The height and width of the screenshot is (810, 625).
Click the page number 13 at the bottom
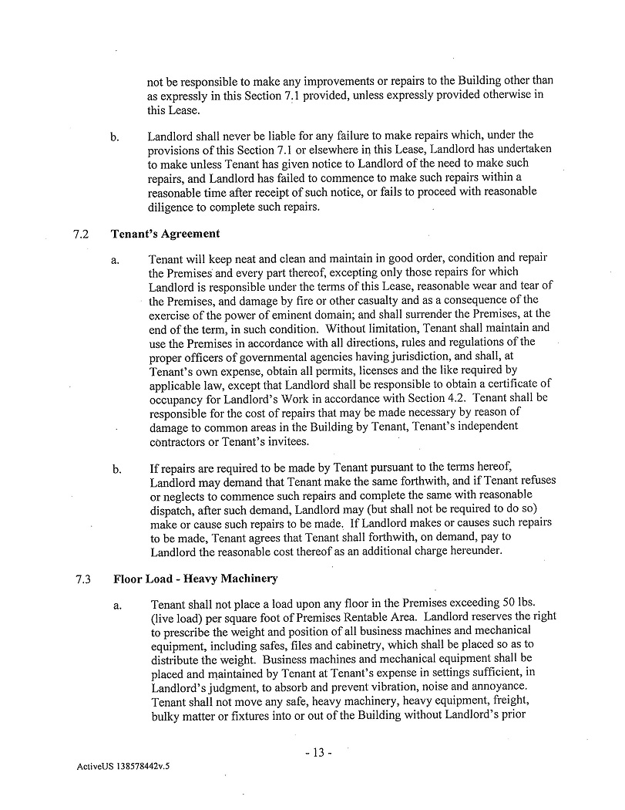(317, 753)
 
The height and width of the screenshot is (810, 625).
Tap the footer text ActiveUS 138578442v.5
(123, 768)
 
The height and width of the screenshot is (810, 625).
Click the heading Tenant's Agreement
(166, 234)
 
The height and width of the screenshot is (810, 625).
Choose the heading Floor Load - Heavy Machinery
(196, 579)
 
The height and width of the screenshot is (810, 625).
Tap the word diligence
(173, 208)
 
